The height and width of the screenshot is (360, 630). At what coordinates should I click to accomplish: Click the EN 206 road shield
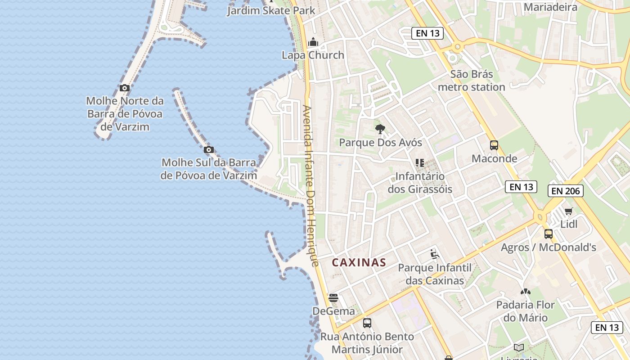click(x=566, y=191)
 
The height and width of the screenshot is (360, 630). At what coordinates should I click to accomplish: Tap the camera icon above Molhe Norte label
click(x=125, y=88)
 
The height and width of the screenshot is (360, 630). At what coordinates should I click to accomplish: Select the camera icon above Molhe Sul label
click(x=208, y=149)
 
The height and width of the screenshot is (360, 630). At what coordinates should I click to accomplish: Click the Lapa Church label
click(x=313, y=55)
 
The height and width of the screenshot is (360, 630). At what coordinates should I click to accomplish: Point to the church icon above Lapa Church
click(x=313, y=43)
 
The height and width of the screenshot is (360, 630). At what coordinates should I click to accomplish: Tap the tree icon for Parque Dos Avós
click(x=380, y=129)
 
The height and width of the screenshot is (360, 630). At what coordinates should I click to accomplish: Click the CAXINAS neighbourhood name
click(x=359, y=262)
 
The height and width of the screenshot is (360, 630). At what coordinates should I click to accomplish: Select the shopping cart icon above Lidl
click(x=569, y=211)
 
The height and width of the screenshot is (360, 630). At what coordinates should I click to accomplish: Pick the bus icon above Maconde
click(x=494, y=145)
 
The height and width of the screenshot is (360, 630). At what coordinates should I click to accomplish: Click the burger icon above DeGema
click(x=333, y=297)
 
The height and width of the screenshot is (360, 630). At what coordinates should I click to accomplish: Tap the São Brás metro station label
click(x=471, y=81)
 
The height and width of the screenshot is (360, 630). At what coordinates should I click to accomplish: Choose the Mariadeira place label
click(x=550, y=7)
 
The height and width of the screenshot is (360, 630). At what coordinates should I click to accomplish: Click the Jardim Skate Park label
click(x=271, y=10)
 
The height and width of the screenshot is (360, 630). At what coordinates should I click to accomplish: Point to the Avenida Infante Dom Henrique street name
click(x=311, y=185)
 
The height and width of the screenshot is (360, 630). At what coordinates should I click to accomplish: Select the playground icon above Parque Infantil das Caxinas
click(x=434, y=255)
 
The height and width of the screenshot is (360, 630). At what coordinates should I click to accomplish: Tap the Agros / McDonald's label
click(x=549, y=247)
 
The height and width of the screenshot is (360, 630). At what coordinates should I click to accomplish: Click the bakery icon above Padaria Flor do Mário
click(x=525, y=292)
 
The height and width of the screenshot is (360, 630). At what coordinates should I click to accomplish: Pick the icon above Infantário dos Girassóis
click(x=420, y=162)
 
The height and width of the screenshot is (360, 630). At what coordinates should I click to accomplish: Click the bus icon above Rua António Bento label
click(x=367, y=323)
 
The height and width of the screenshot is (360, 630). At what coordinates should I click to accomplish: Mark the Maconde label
click(x=494, y=158)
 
